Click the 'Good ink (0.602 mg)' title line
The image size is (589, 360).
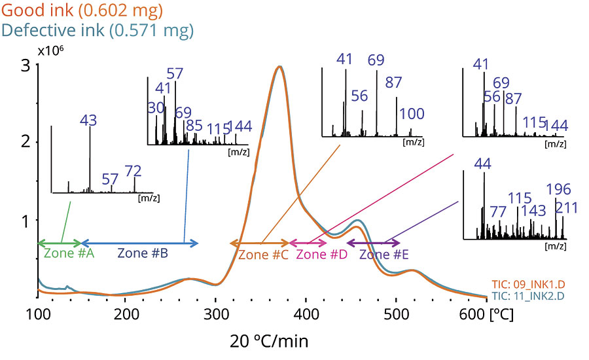click(x=82, y=10)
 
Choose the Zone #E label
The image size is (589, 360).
click(x=384, y=254)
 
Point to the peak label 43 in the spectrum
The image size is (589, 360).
click(x=89, y=121)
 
